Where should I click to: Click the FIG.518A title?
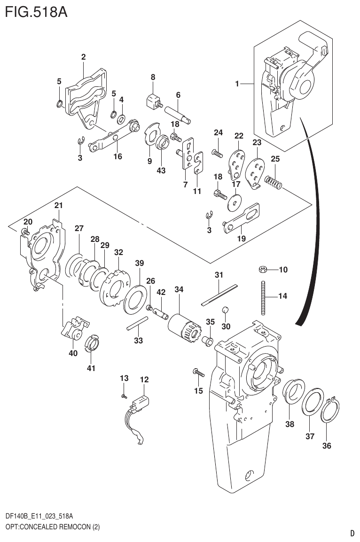pos(35,11)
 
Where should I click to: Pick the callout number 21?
pos(58,205)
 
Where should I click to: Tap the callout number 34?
pos(179,290)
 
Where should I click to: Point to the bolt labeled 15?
pos(199,373)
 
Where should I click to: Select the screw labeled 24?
pos(218,152)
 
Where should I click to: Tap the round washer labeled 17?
pos(233,200)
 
